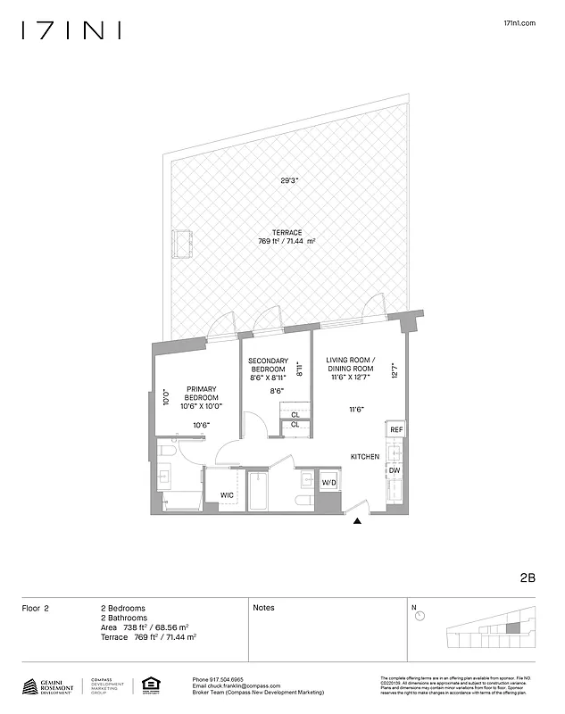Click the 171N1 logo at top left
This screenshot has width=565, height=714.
(x=71, y=31)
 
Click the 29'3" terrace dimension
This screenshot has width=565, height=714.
(x=289, y=180)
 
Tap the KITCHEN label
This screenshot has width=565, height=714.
(x=364, y=457)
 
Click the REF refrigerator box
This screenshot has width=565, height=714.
(x=396, y=430)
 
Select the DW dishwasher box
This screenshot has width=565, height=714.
(x=394, y=469)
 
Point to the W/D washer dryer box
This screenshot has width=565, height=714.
(x=329, y=483)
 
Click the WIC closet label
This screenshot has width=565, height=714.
(x=226, y=495)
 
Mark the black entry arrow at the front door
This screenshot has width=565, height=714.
(x=358, y=524)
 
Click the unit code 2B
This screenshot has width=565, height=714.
(x=526, y=577)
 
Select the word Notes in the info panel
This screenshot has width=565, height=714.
(x=263, y=608)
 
